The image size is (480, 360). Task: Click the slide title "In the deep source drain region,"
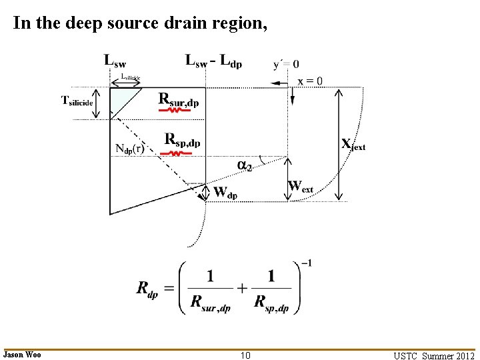click(x=140, y=23)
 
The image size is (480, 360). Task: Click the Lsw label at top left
click(x=115, y=61)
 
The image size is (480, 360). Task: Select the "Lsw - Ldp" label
click(x=213, y=62)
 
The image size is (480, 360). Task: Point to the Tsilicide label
click(x=77, y=101)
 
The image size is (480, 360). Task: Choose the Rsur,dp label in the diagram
click(x=179, y=100)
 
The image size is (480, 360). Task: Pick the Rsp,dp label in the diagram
click(x=182, y=140)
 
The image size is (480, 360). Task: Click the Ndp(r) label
click(x=129, y=149)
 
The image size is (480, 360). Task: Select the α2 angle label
click(x=245, y=165)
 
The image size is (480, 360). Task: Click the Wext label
click(x=300, y=186)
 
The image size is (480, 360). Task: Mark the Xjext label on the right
click(x=353, y=144)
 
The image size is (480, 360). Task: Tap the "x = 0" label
click(x=310, y=81)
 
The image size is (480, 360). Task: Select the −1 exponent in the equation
click(x=305, y=264)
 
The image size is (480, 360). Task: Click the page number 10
click(x=245, y=355)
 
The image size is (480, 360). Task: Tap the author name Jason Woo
click(x=22, y=355)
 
